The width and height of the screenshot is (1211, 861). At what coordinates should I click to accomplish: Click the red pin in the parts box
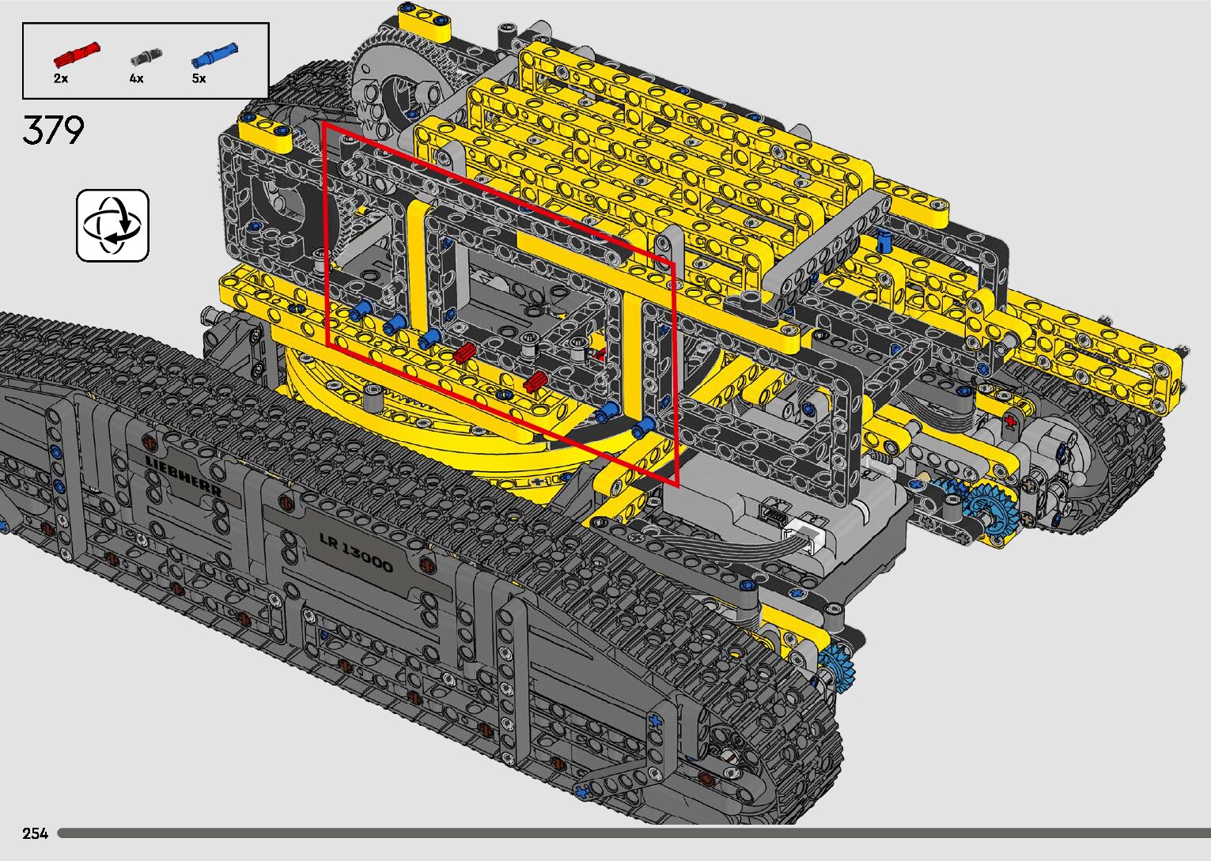(77, 54)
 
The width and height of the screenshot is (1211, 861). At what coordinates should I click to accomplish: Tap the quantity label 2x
(61, 78)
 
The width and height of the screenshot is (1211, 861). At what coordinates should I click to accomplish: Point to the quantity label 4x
(136, 78)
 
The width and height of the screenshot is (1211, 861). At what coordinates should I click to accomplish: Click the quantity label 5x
(199, 78)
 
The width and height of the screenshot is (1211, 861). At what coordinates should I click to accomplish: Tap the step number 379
(54, 130)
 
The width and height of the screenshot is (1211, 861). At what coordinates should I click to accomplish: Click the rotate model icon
(112, 225)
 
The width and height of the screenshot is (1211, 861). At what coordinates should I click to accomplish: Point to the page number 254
(35, 833)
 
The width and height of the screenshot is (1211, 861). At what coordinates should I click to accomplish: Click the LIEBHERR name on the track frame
(184, 476)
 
